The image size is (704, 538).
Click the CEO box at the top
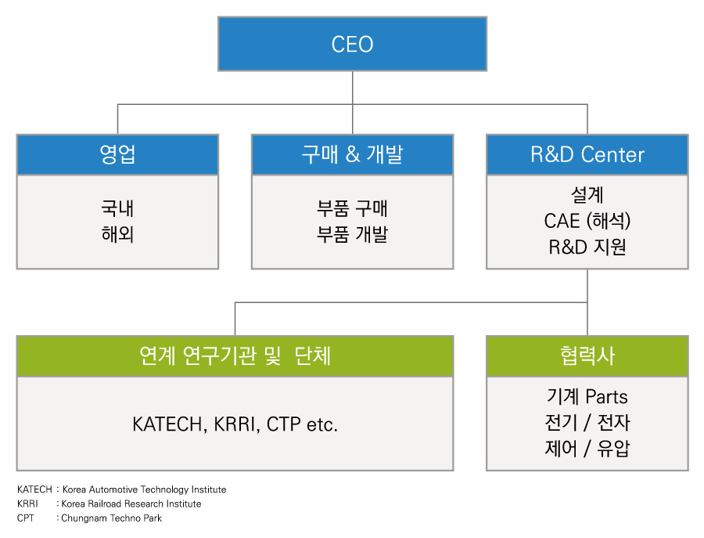click(x=353, y=44)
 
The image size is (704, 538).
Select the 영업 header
click(x=117, y=154)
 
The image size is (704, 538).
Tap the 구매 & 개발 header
click(x=353, y=154)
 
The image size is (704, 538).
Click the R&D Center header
click(x=587, y=154)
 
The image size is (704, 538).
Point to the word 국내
click(x=117, y=208)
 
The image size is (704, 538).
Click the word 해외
click(x=117, y=234)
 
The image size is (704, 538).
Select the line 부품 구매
click(x=353, y=208)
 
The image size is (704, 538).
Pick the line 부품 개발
click(x=353, y=234)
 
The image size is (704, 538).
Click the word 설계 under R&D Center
click(x=587, y=195)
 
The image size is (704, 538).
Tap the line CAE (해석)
click(x=587, y=221)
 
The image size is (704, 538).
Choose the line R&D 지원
click(x=587, y=247)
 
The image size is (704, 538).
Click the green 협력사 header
click(x=587, y=356)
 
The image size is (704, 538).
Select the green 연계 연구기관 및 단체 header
click(x=235, y=356)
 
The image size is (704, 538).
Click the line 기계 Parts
click(x=587, y=396)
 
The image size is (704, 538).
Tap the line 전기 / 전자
click(x=587, y=422)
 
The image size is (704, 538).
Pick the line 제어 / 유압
click(x=587, y=448)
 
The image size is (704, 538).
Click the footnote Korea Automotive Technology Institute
click(x=144, y=489)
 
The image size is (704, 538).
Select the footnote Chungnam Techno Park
click(x=111, y=518)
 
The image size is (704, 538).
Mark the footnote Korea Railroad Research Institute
click(x=131, y=504)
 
